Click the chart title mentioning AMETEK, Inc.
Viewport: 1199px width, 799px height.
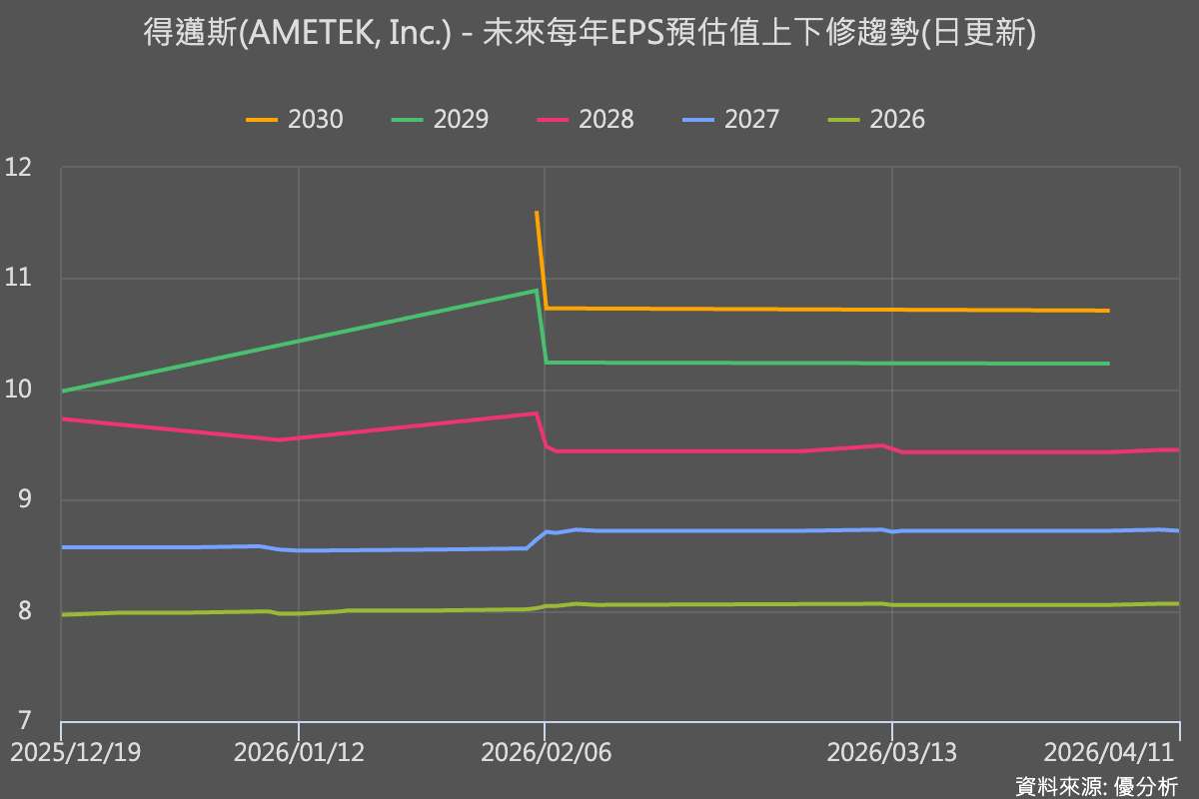[590, 35]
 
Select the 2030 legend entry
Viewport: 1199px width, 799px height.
[295, 120]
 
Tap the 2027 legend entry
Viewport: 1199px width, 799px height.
[730, 120]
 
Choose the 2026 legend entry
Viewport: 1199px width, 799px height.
[876, 120]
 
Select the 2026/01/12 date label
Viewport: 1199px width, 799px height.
[299, 752]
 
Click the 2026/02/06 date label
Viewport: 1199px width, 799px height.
[546, 752]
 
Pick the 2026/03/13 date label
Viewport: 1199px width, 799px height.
[891, 752]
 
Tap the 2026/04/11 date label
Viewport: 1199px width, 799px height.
[1109, 752]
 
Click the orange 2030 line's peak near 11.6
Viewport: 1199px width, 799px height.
[537, 213]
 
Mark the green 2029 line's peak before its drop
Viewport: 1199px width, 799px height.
[537, 291]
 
